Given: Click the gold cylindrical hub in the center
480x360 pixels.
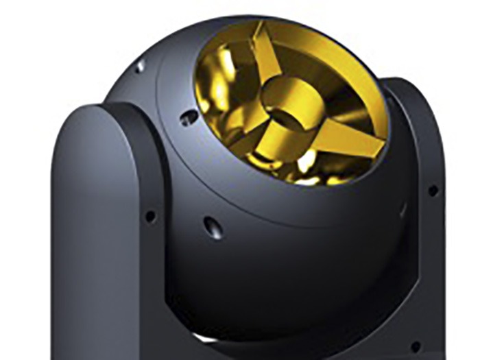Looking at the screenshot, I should pos(291,110).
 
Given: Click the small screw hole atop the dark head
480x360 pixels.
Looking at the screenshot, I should pos(141,66).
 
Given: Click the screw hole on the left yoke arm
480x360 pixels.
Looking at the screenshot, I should pos(149,217).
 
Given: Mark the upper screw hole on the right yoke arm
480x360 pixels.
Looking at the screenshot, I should pos(433,191).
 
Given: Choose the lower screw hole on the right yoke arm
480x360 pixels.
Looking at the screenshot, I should pos(416,348).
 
